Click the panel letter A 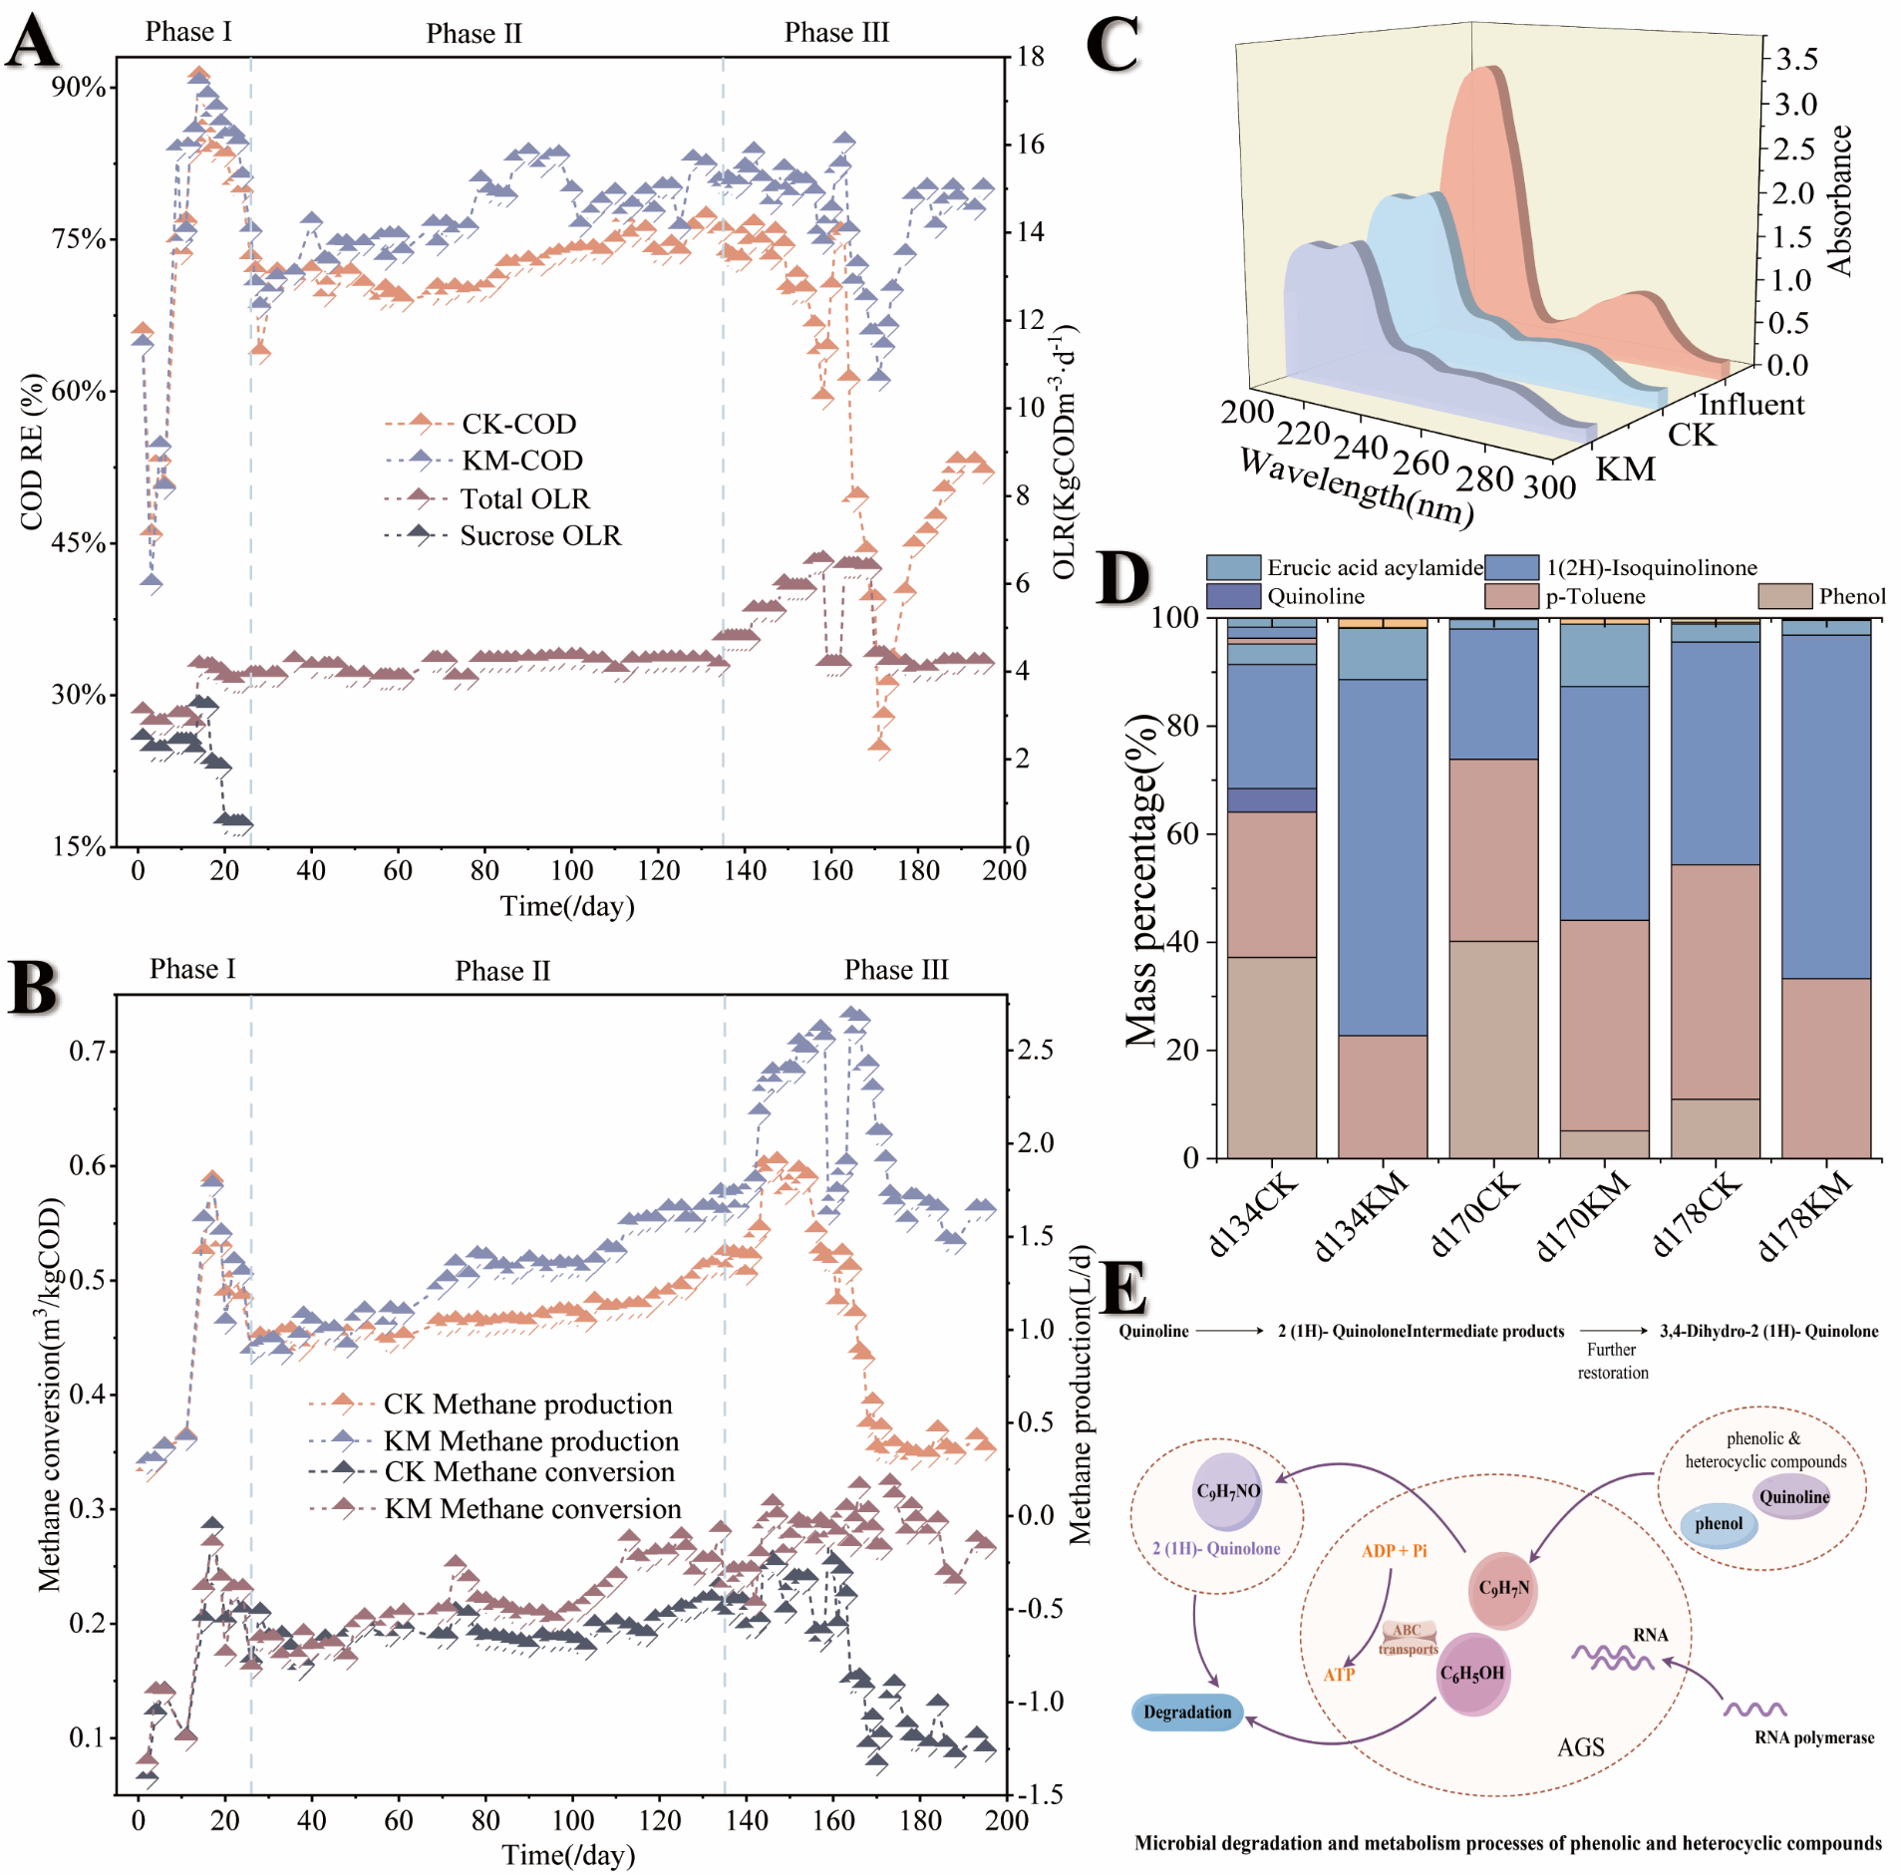point(32,42)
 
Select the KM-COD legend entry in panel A point(521,461)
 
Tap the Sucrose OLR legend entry point(539,536)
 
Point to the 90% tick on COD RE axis point(79,87)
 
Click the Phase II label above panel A point(474,34)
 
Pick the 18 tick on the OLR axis point(1030,57)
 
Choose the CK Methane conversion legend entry point(528,1472)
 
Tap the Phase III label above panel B point(895,970)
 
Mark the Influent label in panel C point(1750,405)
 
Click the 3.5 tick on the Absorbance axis point(1795,59)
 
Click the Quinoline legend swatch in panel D point(1233,596)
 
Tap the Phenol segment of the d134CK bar point(1271,1057)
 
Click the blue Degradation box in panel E point(1186,1713)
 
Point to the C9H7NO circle point(1227,1491)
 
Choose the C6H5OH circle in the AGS point(1471,1673)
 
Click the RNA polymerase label point(1813,1737)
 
